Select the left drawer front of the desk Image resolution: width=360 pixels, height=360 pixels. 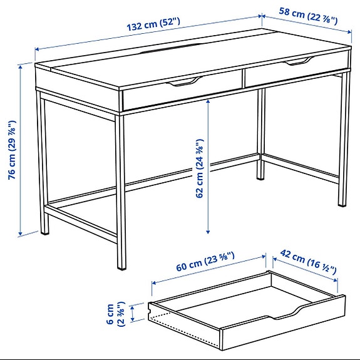[182, 91]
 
